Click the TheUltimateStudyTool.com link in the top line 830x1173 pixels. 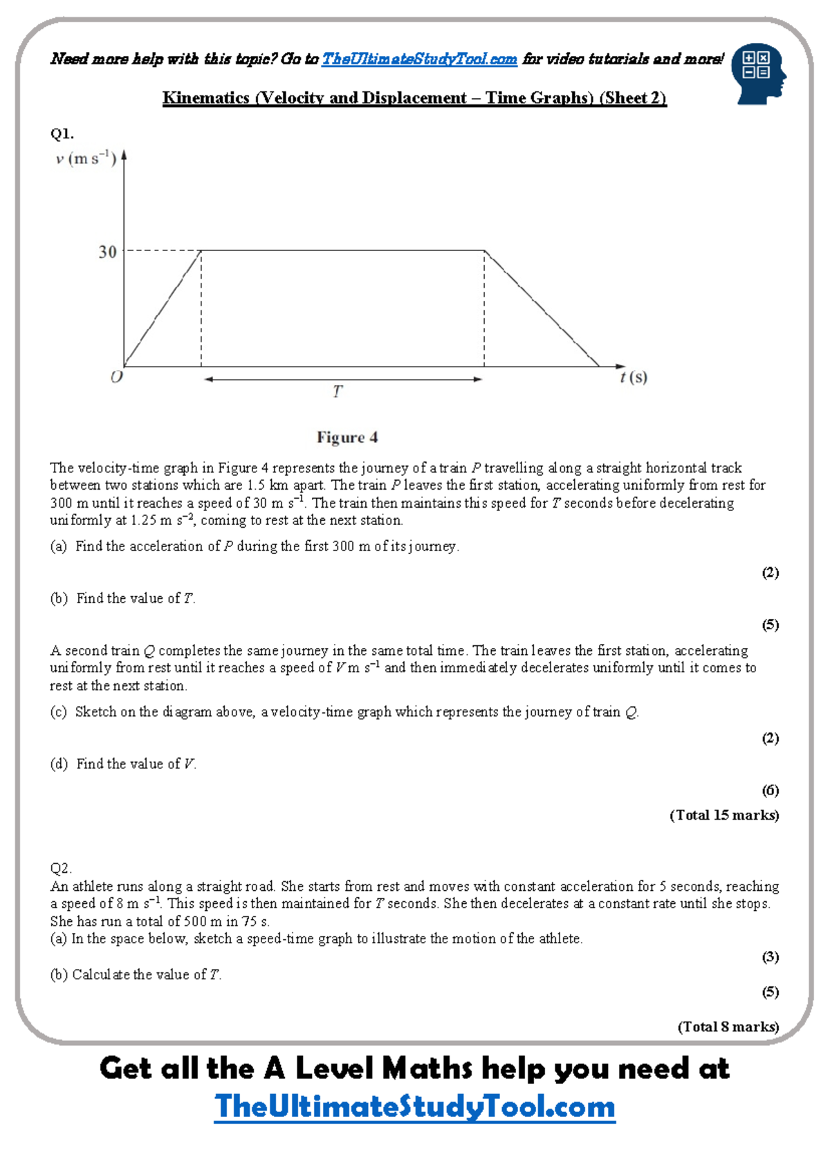tap(419, 59)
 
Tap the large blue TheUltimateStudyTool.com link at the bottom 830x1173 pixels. tap(414, 1107)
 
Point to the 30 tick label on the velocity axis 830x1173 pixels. tap(107, 252)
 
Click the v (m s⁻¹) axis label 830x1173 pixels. tap(86, 158)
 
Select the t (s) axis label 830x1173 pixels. tap(634, 377)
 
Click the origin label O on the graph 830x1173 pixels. tap(117, 377)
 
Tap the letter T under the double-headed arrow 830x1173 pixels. tap(338, 391)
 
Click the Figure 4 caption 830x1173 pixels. tap(347, 437)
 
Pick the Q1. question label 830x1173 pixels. tap(62, 133)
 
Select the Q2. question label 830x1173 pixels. tap(61, 869)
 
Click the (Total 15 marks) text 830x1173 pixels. tap(723, 815)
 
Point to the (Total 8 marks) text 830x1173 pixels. tap(728, 1027)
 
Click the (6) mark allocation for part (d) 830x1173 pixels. tap(770, 790)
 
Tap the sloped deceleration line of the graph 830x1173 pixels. tap(542, 309)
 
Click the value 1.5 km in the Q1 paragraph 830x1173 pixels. tap(268, 486)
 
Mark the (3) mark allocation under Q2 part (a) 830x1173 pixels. tap(770, 957)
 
